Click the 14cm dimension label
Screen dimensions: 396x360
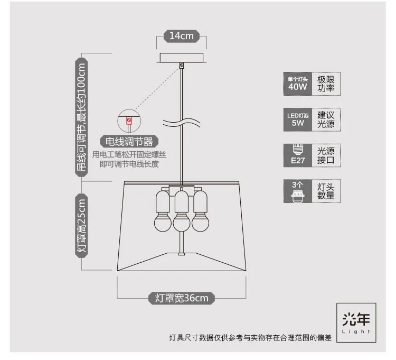point(181,36)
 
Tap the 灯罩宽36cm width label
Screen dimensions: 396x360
point(181,298)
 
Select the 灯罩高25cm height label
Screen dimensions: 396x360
point(81,226)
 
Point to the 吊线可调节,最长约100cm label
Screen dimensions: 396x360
point(81,117)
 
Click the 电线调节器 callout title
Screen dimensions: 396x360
point(129,142)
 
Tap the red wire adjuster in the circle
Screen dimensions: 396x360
point(129,121)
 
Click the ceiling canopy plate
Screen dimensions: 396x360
point(181,58)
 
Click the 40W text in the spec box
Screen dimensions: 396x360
point(298,87)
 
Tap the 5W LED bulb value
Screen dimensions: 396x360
point(298,123)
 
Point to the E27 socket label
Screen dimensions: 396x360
point(298,160)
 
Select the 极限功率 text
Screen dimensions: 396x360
point(326,84)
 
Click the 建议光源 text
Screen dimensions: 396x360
point(326,119)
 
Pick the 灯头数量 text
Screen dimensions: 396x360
point(326,191)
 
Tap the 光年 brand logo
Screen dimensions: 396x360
point(356,322)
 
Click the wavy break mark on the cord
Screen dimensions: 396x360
point(181,123)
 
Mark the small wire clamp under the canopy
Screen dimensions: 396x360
point(181,66)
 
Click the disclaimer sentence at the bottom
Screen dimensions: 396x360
point(250,338)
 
